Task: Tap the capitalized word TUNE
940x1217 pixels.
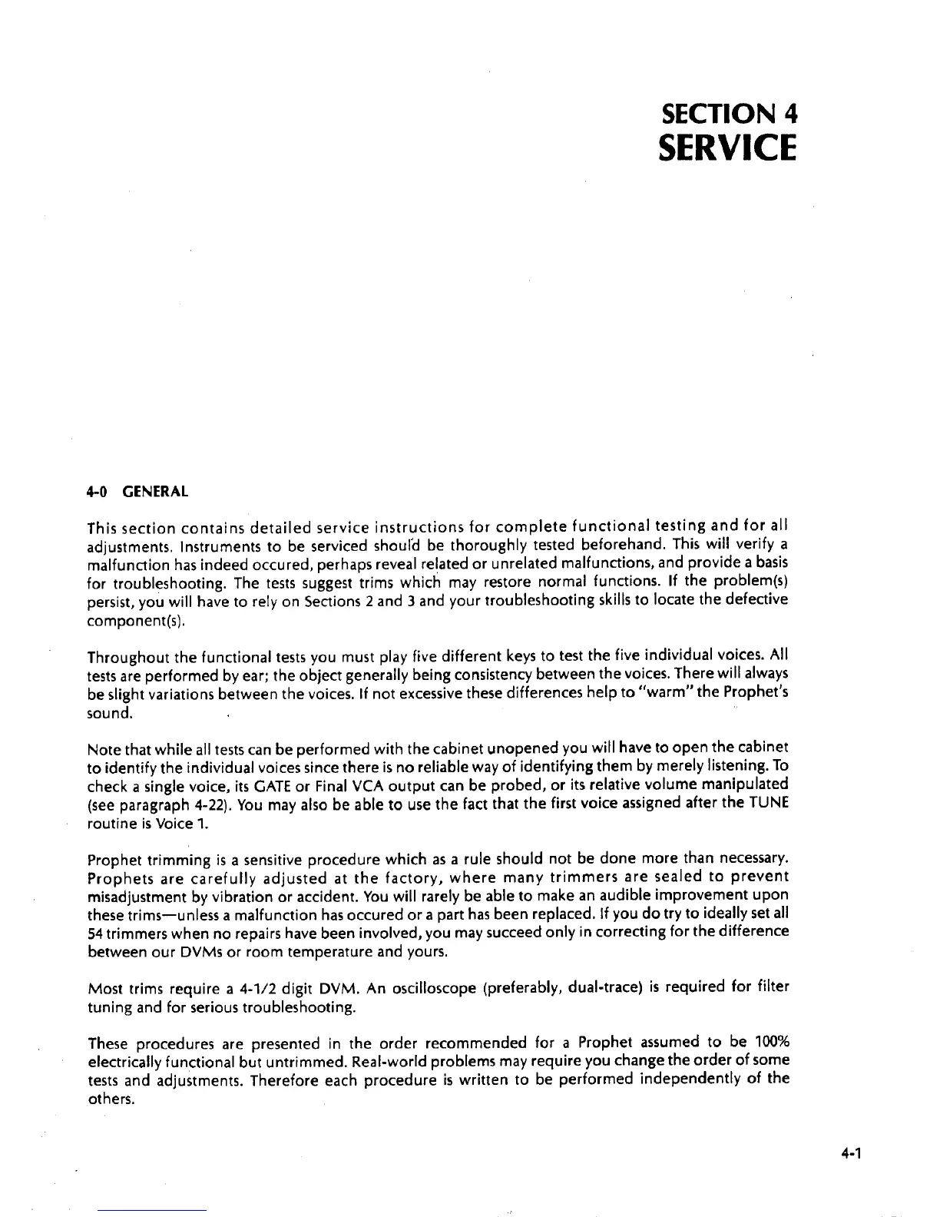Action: (770, 803)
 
